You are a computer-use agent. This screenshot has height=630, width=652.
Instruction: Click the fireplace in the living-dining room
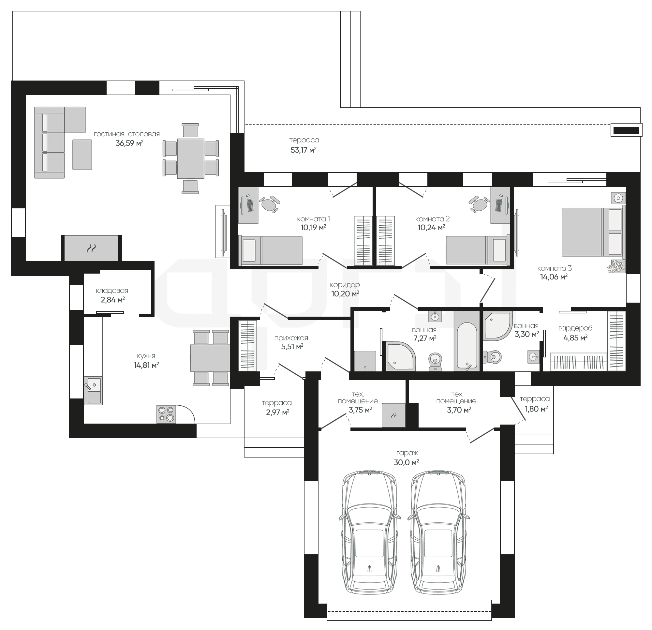tap(91, 248)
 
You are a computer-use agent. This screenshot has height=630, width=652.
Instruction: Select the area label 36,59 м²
tap(129, 143)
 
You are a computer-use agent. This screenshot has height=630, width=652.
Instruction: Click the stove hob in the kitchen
tap(166, 414)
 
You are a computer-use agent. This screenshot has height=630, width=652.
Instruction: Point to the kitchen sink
tap(93, 390)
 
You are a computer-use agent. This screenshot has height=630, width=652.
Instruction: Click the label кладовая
tap(112, 291)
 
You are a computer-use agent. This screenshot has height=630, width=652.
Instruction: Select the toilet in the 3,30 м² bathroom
tap(492, 357)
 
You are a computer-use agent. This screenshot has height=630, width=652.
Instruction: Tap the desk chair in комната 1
tap(270, 204)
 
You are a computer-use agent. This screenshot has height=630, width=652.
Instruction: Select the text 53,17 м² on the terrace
tap(304, 150)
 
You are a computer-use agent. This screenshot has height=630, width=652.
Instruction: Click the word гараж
tap(407, 453)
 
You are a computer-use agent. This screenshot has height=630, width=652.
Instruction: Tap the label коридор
tap(345, 285)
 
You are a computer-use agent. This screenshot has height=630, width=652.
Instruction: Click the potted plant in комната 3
tap(616, 267)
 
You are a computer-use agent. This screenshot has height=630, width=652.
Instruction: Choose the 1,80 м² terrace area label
tap(536, 409)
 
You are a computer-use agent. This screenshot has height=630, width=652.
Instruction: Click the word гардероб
tap(575, 328)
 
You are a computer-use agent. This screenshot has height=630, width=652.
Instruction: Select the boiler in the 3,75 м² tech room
tap(393, 415)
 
